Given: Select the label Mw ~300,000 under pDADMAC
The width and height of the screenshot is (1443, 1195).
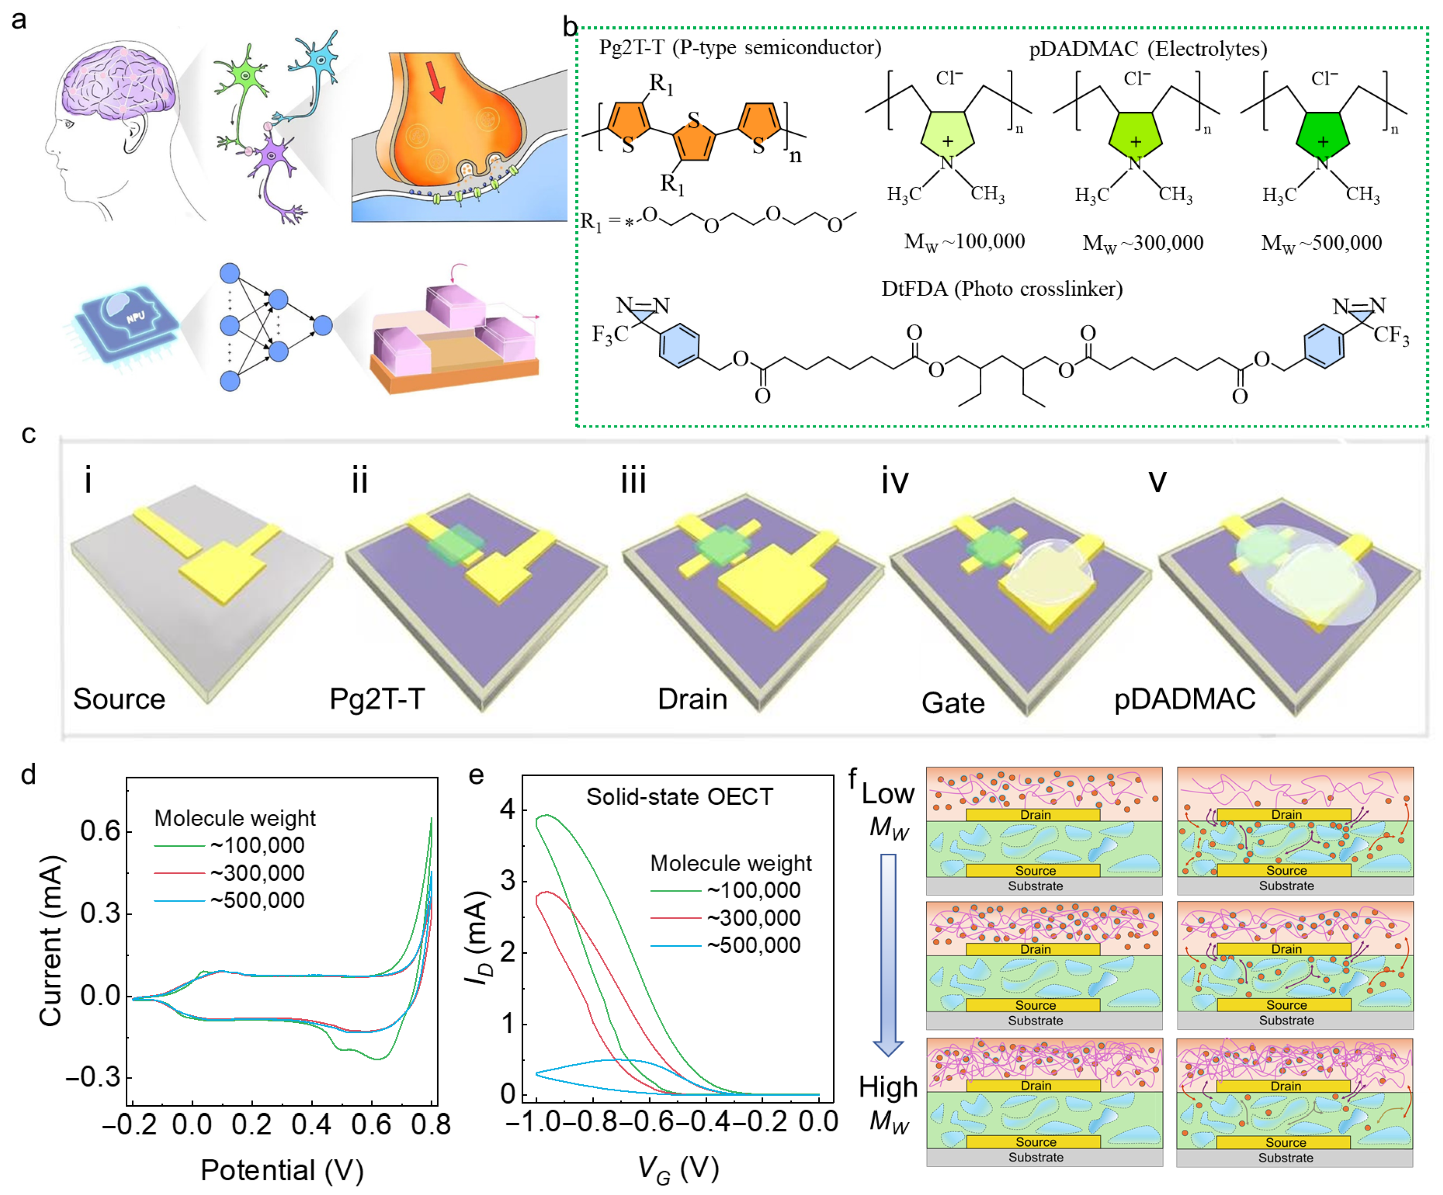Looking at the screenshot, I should point(1143,243).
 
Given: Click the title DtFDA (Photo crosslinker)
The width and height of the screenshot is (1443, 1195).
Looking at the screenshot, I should point(1002,289).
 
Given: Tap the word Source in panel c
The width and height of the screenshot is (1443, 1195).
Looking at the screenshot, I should point(119,699).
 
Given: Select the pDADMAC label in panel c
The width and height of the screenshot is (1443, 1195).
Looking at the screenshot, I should point(1184,699).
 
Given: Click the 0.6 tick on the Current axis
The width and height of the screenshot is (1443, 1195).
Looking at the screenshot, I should point(100,831).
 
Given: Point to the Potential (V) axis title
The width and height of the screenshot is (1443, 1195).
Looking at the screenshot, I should point(282,1170).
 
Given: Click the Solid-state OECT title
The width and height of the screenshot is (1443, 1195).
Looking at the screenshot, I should point(679,796).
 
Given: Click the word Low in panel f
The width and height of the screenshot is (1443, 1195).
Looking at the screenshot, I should point(888,794).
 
